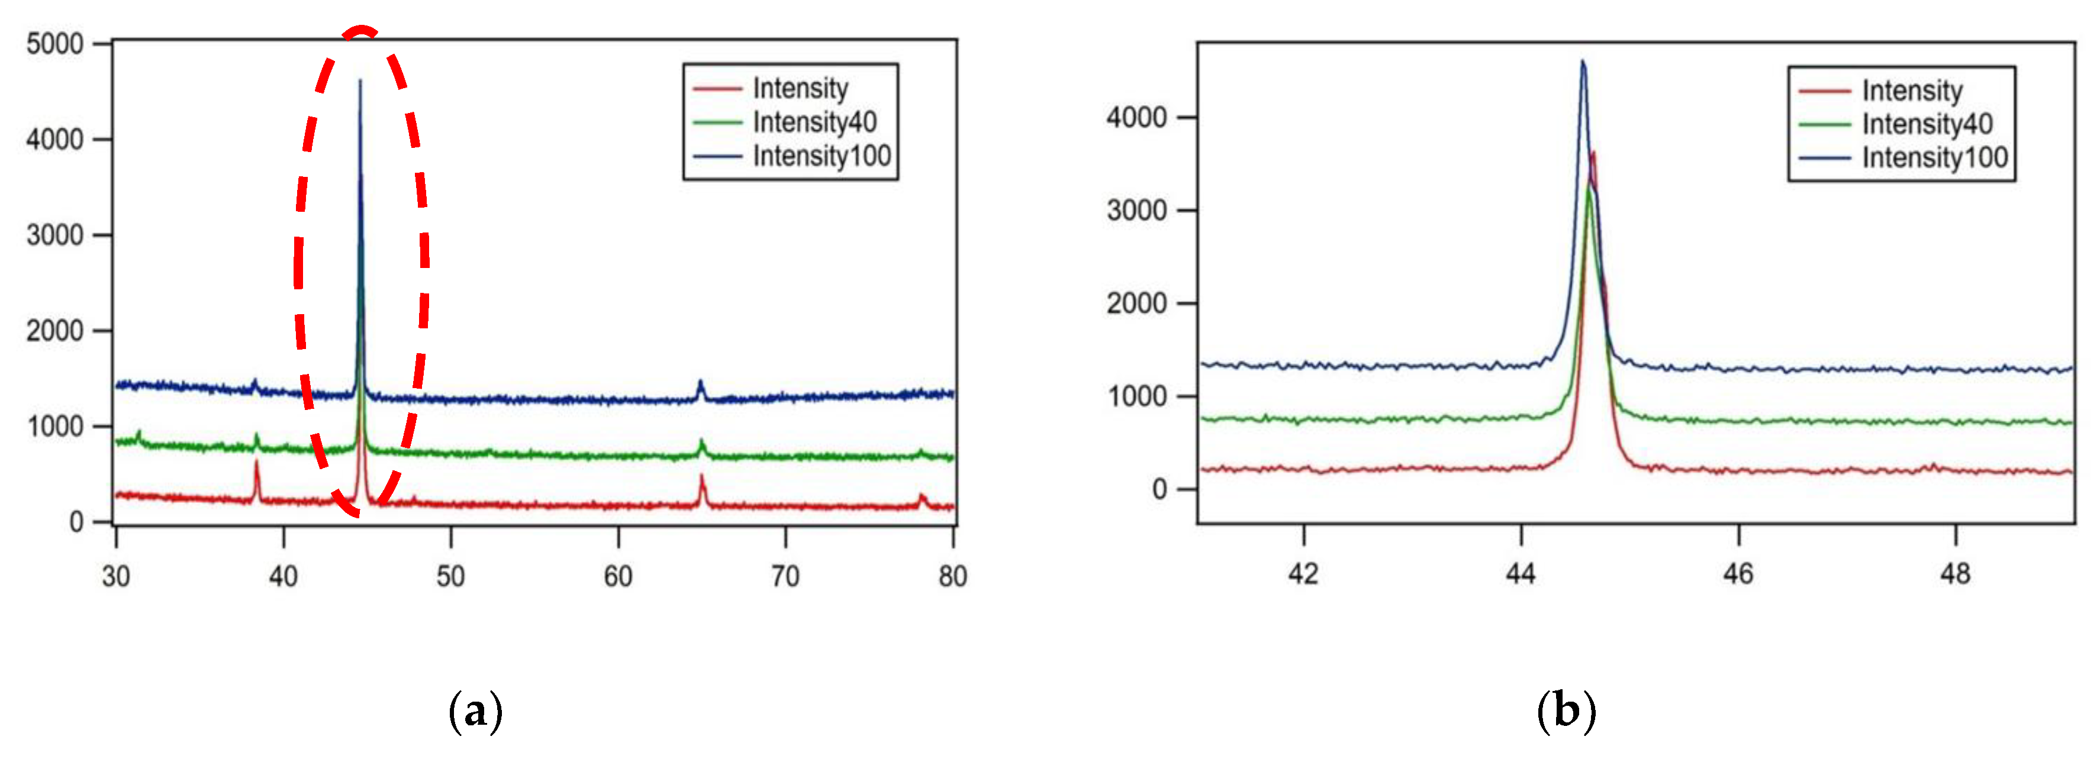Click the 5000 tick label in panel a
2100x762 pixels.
54,44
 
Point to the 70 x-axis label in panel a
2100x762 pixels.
785,576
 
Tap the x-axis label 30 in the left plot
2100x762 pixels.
116,576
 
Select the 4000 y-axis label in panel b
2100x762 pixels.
1136,117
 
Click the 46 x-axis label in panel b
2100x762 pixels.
1738,574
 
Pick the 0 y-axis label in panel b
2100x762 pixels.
1159,489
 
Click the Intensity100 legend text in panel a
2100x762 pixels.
822,156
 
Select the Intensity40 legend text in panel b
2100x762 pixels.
1927,124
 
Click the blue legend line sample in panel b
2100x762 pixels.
1824,157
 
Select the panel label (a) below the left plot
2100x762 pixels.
475,711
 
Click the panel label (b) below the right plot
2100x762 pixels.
1565,711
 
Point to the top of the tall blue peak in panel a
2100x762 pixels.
360,80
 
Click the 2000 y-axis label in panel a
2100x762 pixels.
54,331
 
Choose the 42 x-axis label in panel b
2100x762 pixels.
1303,574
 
